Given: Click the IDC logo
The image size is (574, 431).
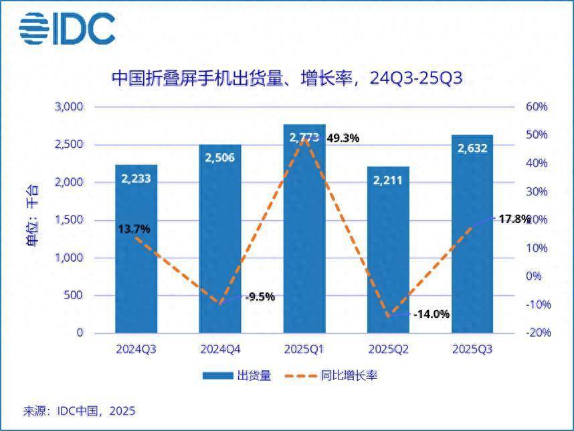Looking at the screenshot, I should (67, 28).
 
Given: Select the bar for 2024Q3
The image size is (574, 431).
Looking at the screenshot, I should (136, 268).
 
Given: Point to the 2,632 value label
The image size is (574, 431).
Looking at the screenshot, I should (472, 148).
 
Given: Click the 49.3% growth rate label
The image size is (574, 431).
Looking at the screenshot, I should (343, 139).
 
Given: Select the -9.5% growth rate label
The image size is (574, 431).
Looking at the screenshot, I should (260, 297).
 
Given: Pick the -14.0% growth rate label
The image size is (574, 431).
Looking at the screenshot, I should (432, 314).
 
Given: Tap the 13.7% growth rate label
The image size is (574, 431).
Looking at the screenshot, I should (134, 229).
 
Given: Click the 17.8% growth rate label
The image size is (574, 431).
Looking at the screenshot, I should (514, 219).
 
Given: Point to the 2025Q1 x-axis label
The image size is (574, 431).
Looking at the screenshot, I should (304, 349).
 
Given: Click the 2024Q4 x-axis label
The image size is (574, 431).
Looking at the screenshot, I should (220, 349).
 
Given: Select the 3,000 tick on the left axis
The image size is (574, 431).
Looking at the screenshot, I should (68, 107).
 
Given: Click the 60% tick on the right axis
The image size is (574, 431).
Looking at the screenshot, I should (537, 107).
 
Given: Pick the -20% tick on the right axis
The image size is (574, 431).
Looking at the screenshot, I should (536, 333).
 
